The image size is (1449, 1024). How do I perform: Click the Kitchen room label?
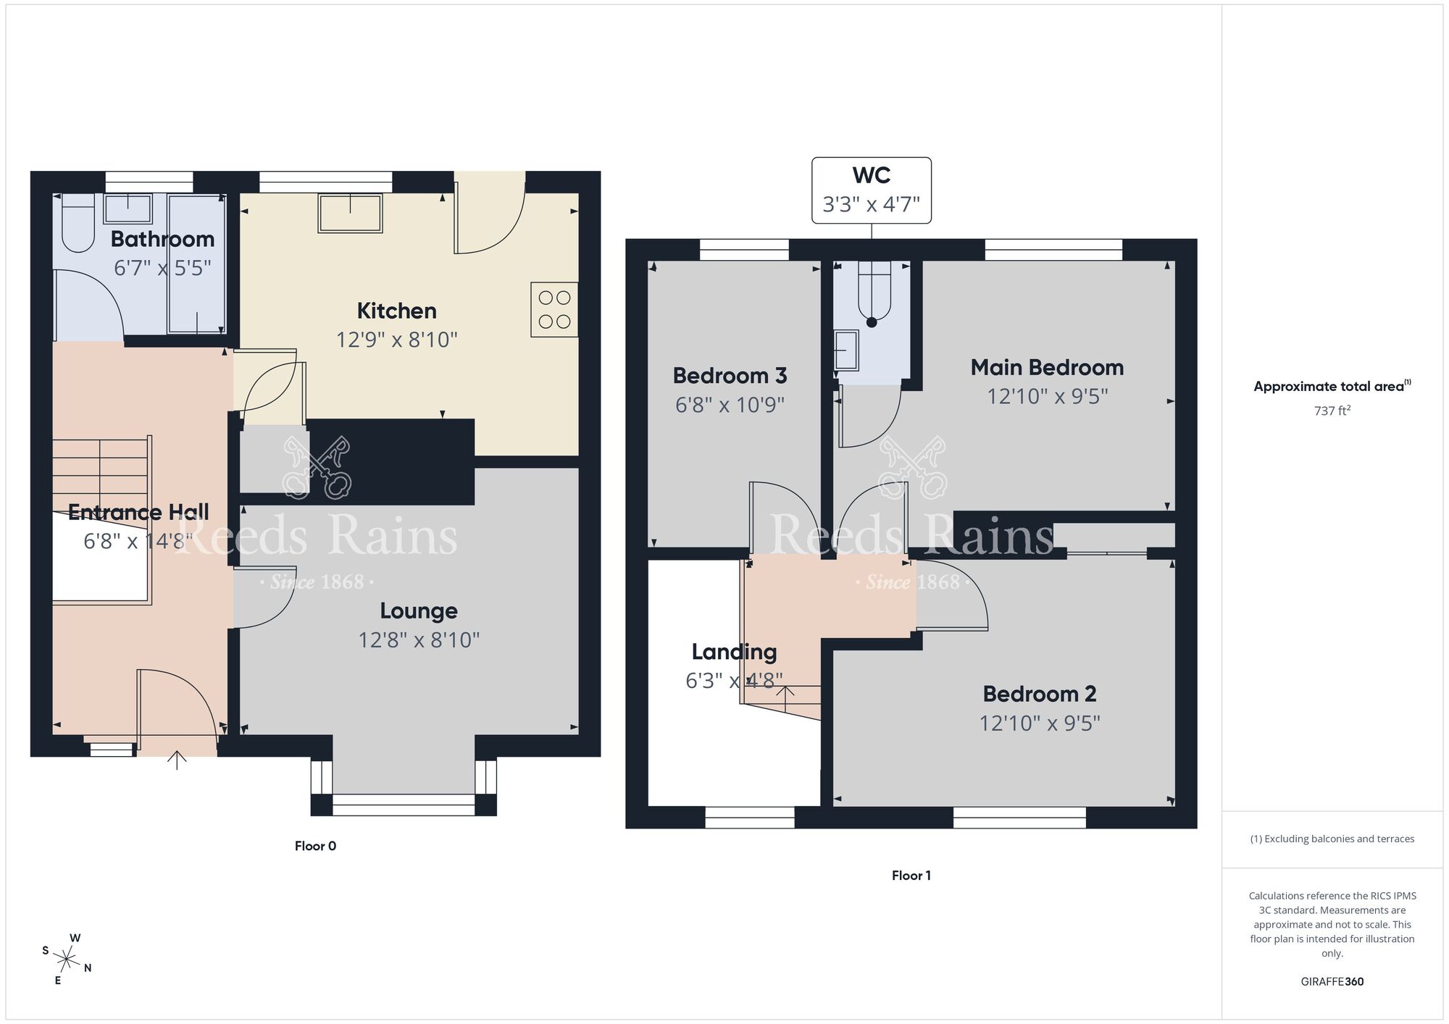(x=396, y=311)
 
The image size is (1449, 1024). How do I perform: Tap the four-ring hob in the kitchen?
(x=554, y=309)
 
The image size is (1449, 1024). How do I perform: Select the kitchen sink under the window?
(x=350, y=213)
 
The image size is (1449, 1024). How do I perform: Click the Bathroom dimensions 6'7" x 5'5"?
(x=162, y=268)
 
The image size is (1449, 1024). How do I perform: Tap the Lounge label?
(x=419, y=610)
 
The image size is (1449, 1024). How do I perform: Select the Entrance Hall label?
(x=138, y=512)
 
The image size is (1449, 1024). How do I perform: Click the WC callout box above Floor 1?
(x=871, y=190)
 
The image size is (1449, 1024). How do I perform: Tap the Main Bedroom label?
(x=1047, y=367)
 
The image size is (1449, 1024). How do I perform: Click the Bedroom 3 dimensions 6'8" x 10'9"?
(x=730, y=404)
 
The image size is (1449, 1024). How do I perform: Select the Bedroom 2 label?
(x=1039, y=694)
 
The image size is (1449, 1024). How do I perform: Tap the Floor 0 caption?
(x=315, y=846)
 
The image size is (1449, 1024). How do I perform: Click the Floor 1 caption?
(x=911, y=876)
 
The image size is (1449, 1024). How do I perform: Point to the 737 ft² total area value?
(x=1332, y=411)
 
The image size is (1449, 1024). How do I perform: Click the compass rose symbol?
(x=67, y=960)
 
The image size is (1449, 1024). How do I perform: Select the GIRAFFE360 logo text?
(x=1332, y=982)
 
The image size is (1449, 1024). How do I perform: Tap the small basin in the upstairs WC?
(x=845, y=351)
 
